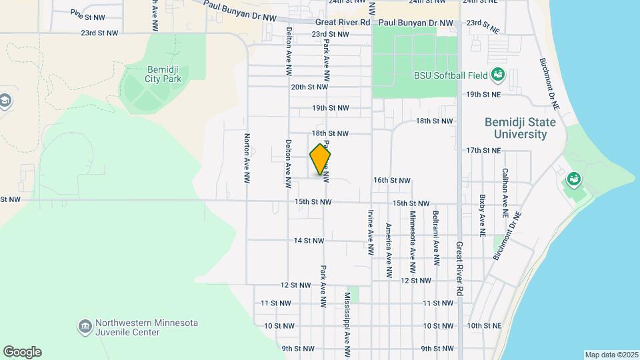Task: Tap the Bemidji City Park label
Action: coord(162,74)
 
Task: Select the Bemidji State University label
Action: coord(515,129)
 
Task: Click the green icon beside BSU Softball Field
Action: coord(497,74)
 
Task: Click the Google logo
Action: coord(22,352)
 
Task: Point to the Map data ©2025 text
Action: coord(611,355)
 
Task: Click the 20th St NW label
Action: coord(310,87)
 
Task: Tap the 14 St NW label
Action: coord(309,241)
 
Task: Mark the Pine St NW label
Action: coord(87,15)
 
